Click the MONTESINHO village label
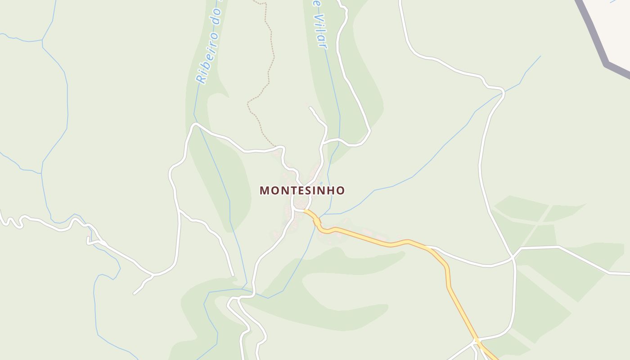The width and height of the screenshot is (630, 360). coord(302,190)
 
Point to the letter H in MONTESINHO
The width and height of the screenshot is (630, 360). coord(331,190)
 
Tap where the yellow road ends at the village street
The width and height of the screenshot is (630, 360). coord(305,210)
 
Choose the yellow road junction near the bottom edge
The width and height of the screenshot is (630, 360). coord(476,341)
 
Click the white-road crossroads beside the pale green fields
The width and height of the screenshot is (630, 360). coord(513,257)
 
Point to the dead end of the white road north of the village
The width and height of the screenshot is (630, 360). coord(310,108)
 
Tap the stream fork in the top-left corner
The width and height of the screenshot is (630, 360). coord(42,40)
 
